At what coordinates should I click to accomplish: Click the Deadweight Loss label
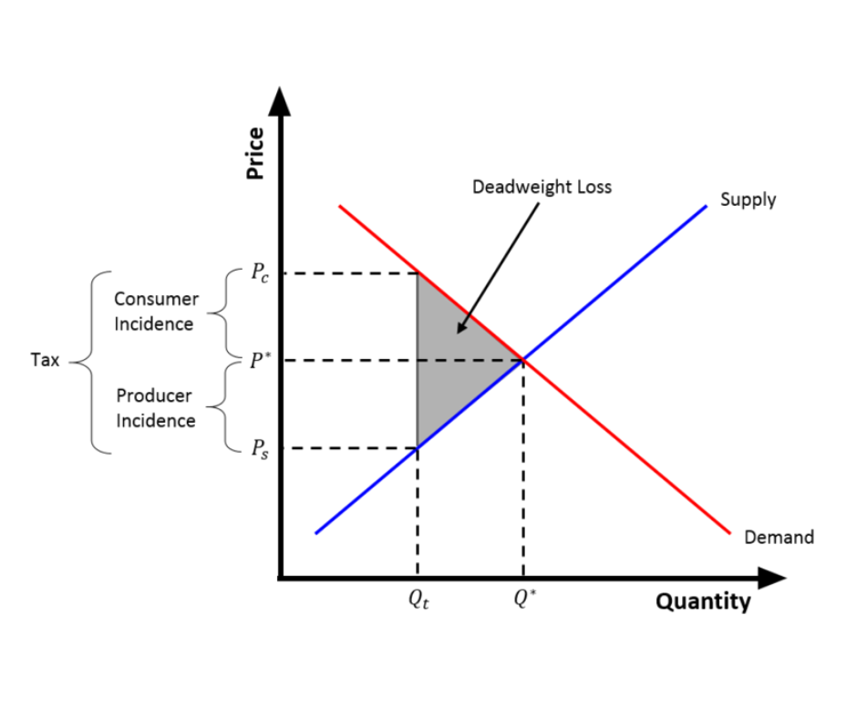(542, 187)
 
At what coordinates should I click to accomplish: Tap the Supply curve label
(748, 200)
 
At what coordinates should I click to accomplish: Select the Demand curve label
(779, 538)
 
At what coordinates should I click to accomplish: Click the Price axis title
(255, 153)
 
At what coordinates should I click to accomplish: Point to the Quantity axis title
(703, 601)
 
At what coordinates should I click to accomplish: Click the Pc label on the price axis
(260, 272)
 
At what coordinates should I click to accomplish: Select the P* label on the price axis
(260, 360)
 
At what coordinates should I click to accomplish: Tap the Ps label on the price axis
(260, 448)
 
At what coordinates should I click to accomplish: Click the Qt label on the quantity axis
(418, 600)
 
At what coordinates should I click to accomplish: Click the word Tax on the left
(45, 360)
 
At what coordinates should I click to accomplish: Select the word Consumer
(156, 299)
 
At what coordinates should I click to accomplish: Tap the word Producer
(154, 395)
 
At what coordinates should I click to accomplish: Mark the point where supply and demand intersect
(523, 360)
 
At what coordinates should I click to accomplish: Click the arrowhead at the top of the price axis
(280, 102)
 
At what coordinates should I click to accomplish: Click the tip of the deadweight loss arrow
(458, 333)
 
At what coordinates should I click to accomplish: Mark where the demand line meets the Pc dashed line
(418, 273)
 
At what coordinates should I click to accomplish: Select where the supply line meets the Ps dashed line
(418, 448)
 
